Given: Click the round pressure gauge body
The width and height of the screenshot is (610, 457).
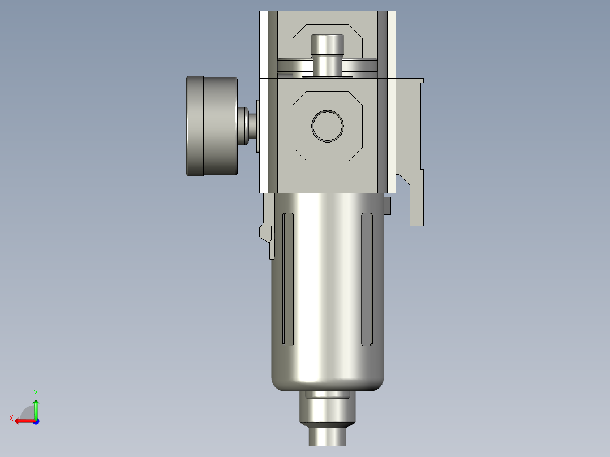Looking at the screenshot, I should pos(211,126).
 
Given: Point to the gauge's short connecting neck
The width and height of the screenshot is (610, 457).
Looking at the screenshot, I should pos(247,126).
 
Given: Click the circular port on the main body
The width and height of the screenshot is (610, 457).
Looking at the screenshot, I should pos(328,126).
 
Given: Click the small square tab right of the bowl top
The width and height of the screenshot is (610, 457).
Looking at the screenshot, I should pos(388,206).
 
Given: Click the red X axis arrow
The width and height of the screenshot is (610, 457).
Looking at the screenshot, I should pos(23,421).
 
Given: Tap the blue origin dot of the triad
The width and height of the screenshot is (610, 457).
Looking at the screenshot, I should pos(36,421).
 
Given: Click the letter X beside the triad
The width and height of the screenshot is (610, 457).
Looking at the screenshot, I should pos(11,418).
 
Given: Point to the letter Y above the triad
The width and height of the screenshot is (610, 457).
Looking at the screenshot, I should pos(36,393).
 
